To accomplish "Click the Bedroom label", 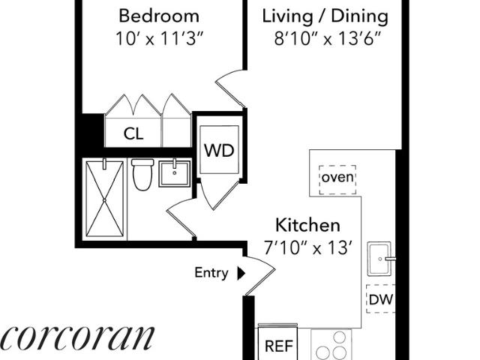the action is coord(159,16).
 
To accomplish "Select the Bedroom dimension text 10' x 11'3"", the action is coord(160,39).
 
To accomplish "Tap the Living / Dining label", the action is coord(325,16).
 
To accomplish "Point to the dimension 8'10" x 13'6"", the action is coord(327,39).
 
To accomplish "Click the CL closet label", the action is coord(133,133).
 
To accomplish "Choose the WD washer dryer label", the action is coord(219,150).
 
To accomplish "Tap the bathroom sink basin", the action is coord(175,174).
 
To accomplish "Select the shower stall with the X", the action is coord(104,199).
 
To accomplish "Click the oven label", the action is coord(337,177).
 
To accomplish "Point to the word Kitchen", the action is coord(307,225).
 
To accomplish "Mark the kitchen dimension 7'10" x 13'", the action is coord(307,247).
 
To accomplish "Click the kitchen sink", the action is coord(379,259).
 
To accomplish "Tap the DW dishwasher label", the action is coord(381,299).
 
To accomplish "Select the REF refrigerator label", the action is coord(279,346).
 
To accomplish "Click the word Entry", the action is coord(211,273).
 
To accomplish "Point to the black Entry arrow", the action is coord(241,273).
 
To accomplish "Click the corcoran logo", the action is coord(77,338).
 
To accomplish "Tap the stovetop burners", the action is coord(331,345).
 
